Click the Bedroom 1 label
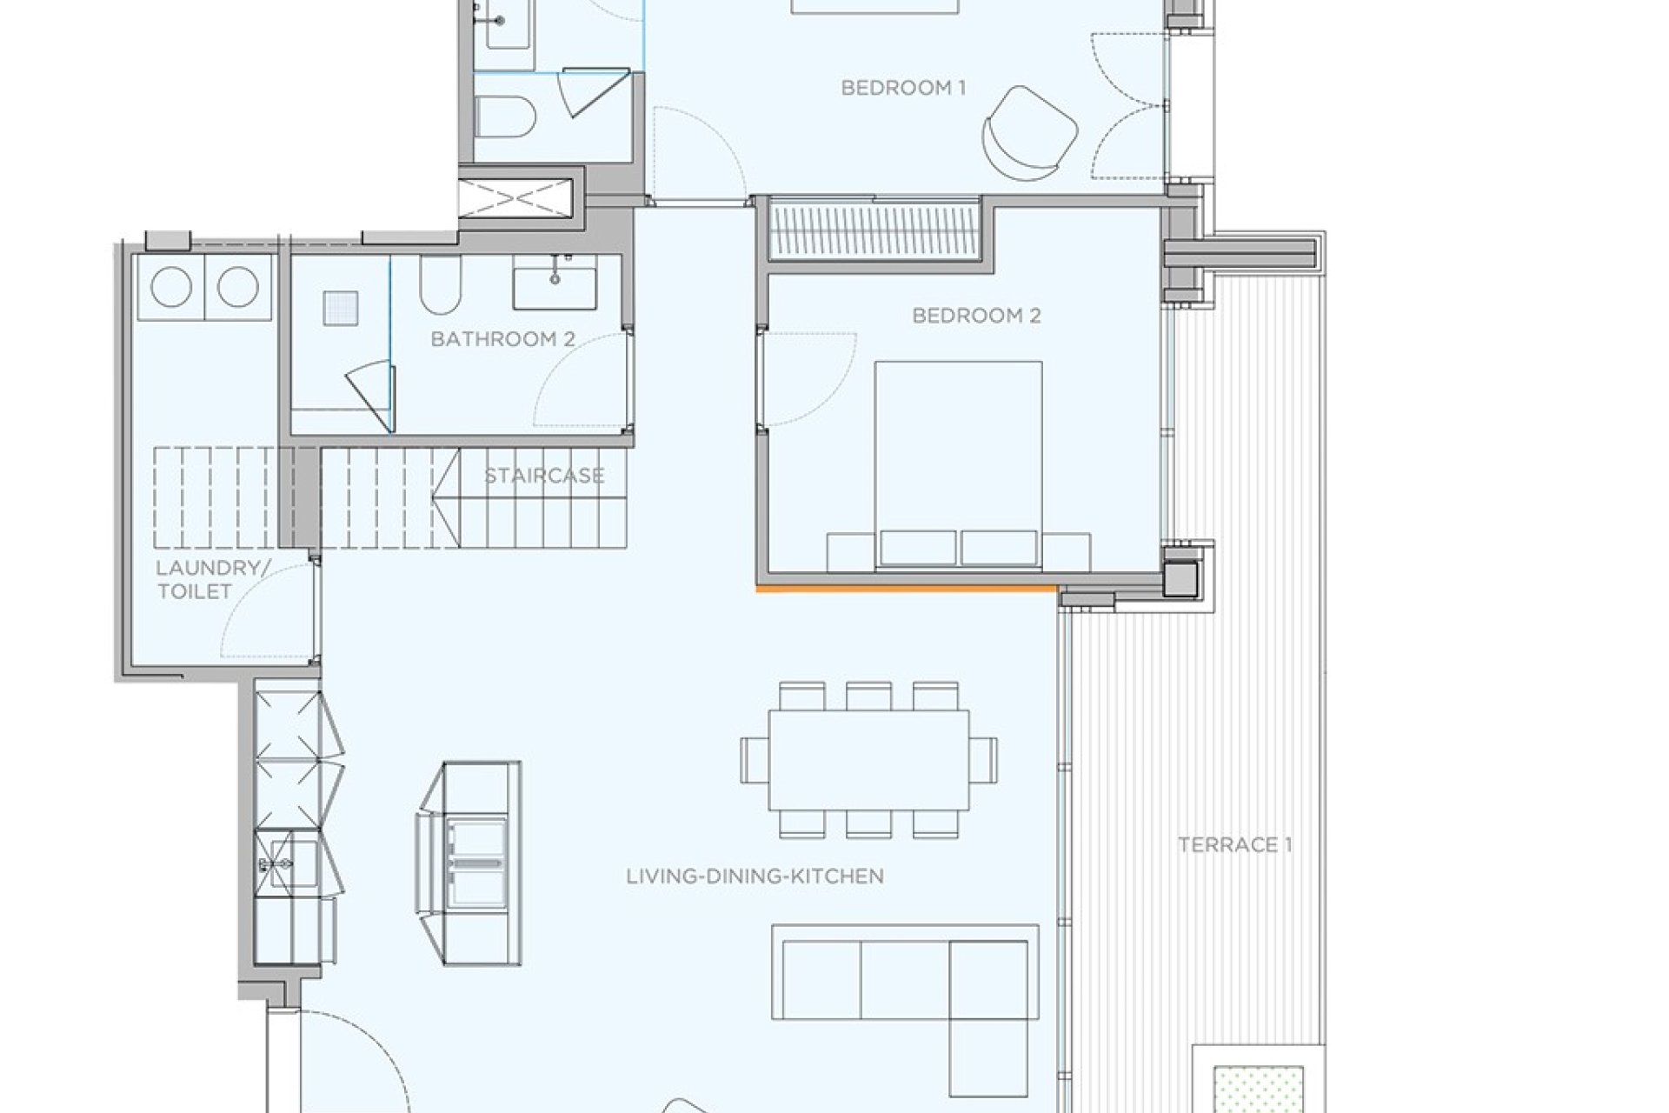903,88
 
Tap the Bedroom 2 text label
976,316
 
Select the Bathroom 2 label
502,339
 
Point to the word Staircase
544,477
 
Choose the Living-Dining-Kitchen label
755,876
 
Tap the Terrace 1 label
1234,845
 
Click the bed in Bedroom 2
958,461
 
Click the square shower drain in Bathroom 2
341,308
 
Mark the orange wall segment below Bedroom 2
906,590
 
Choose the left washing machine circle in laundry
172,288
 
